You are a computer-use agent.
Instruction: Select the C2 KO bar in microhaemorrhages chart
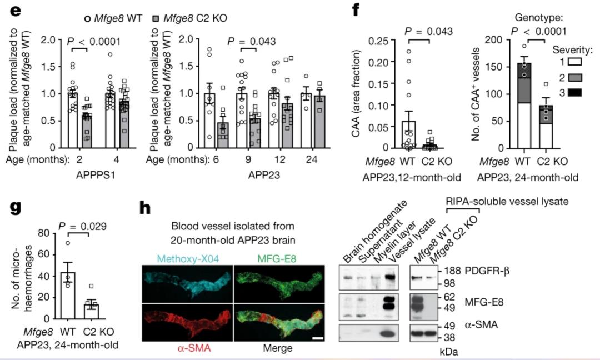(x=91, y=310)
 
